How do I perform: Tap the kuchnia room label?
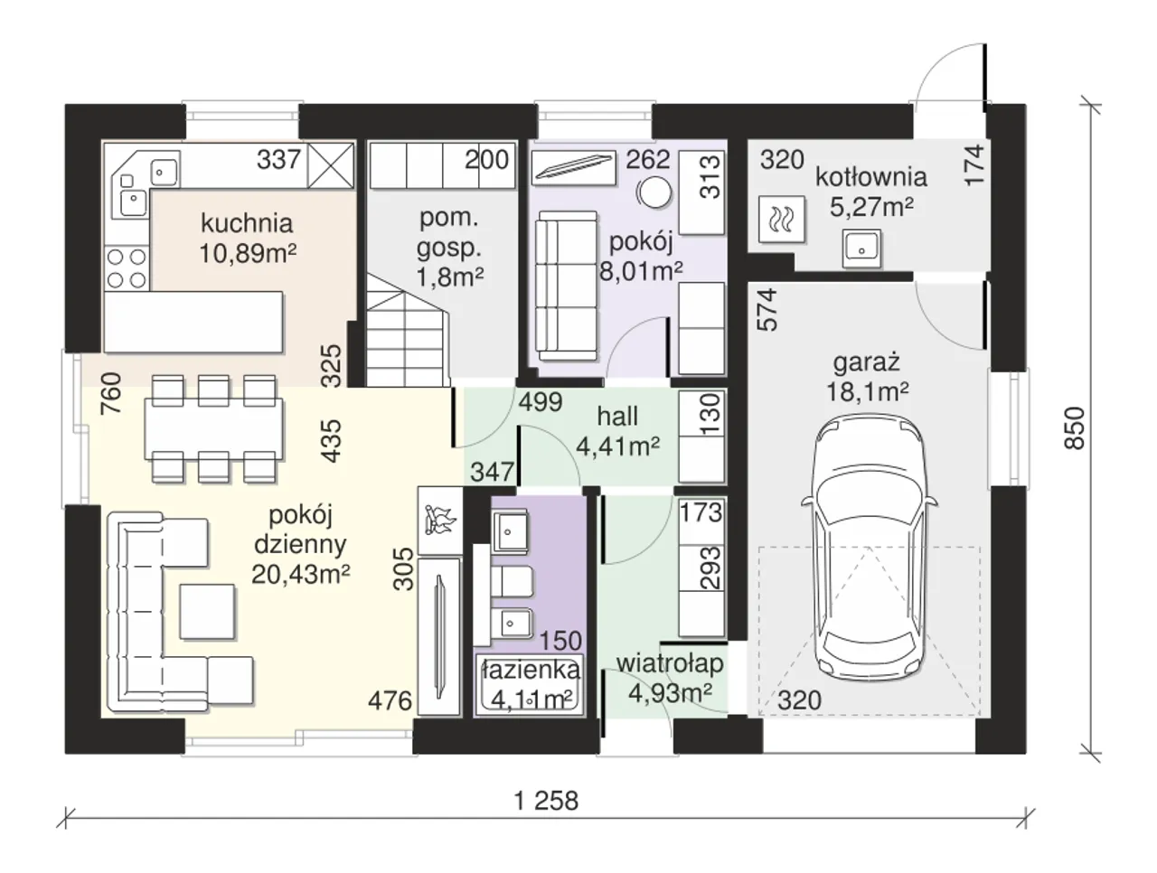247,223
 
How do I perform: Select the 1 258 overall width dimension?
546,801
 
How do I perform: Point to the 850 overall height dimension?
1074,427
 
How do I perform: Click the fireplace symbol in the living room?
440,520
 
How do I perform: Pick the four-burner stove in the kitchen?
127,268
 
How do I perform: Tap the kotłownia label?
870,177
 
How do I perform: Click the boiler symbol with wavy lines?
782,220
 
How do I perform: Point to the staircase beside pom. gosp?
407,331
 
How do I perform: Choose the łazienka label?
531,670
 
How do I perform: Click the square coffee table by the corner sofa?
207,611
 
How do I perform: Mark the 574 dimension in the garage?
767,309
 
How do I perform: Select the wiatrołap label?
670,663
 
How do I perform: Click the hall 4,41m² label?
617,431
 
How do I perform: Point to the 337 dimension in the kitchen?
278,159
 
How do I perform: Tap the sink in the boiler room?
861,249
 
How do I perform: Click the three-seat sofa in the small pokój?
567,286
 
